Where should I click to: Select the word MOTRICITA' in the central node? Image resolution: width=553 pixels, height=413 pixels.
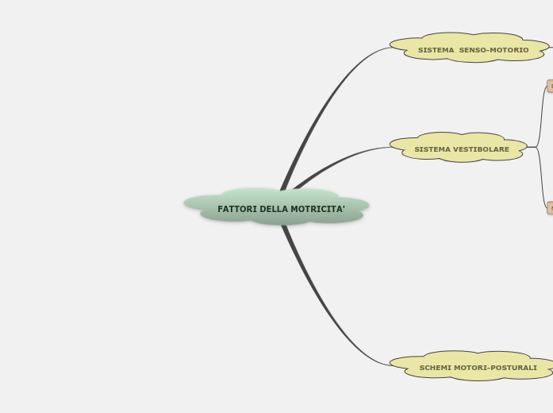tap(318, 210)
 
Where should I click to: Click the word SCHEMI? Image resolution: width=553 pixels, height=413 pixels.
tap(436, 368)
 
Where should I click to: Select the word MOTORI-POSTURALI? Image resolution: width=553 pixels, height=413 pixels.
tap(495, 368)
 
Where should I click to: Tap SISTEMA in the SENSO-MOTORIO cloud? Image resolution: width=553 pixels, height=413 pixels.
tap(436, 50)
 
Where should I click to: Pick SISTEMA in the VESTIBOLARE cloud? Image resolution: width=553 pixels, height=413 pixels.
tap(432, 149)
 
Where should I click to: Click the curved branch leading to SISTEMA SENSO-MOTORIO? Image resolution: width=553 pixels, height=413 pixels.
tap(325, 95)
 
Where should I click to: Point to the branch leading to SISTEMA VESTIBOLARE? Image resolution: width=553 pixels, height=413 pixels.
tap(341, 160)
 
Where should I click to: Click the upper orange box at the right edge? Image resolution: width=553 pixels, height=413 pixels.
tap(549, 86)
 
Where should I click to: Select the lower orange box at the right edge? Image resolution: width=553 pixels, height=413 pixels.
tap(549, 208)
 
